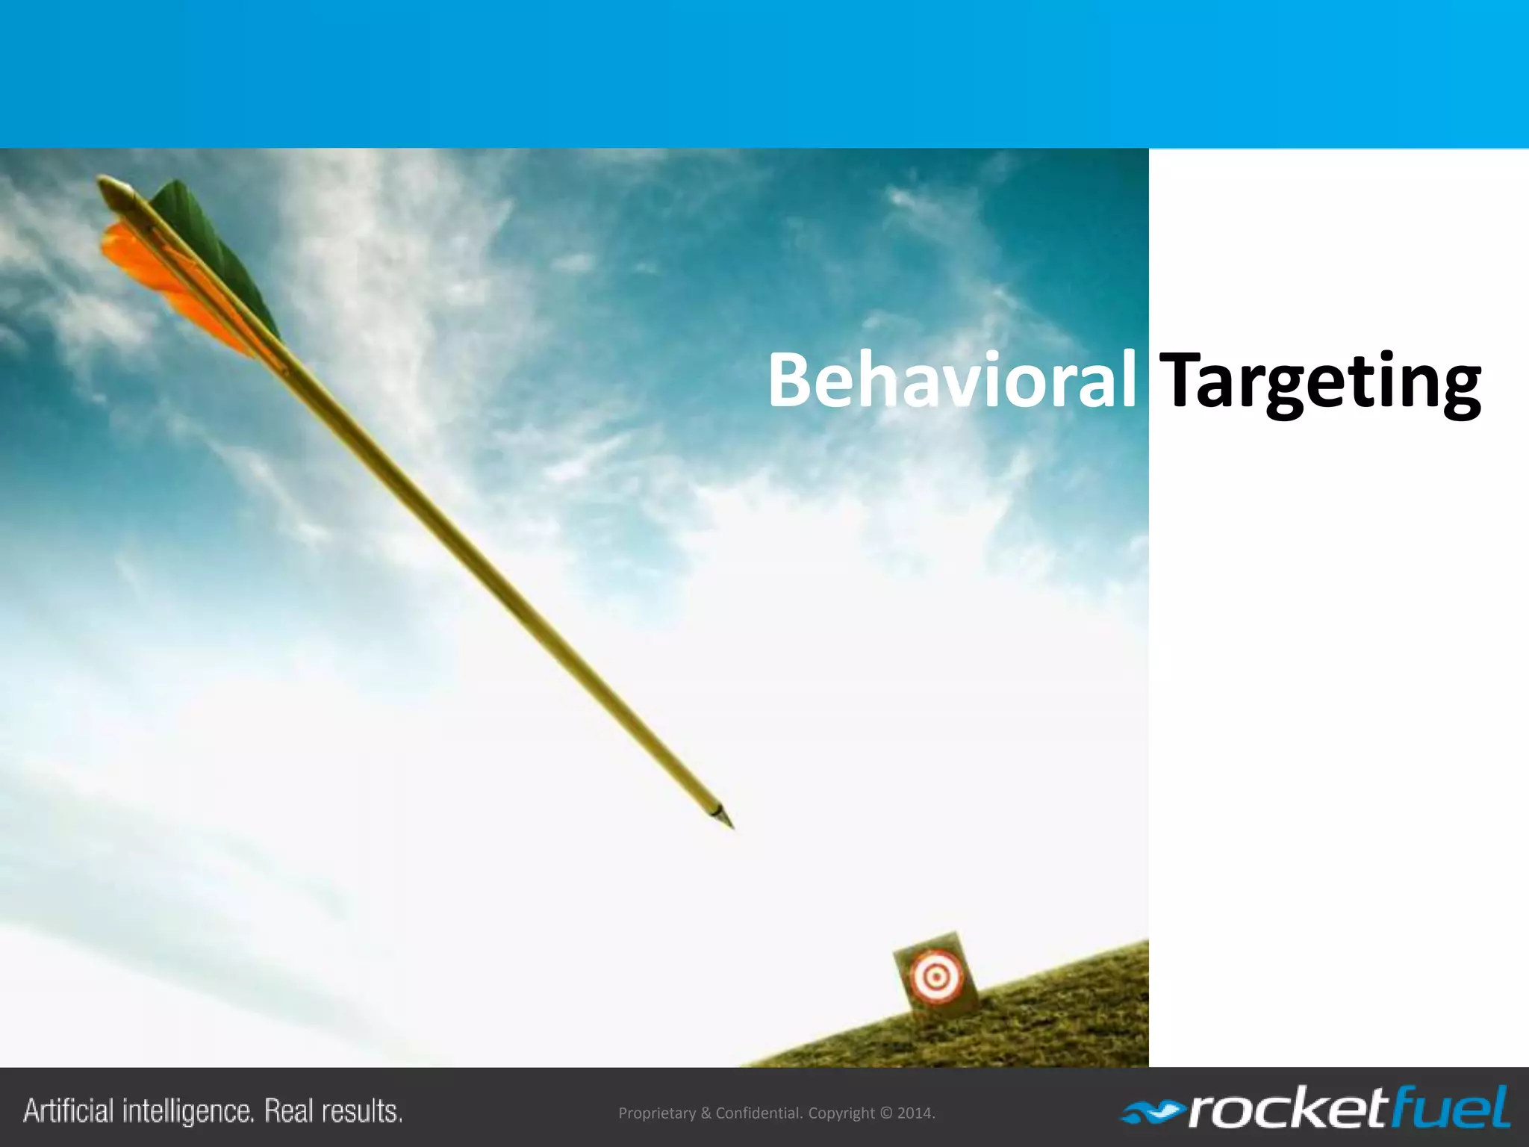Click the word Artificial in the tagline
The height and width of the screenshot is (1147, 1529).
point(69,1111)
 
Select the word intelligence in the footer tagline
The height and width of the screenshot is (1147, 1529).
point(188,1111)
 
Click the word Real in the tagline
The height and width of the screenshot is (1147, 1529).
point(290,1111)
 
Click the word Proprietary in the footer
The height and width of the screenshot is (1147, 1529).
point(657,1113)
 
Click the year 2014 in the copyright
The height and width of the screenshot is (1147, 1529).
point(914,1113)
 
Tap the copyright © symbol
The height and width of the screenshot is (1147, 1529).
point(885,1113)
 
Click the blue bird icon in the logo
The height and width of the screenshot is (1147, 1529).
point(1153,1113)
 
